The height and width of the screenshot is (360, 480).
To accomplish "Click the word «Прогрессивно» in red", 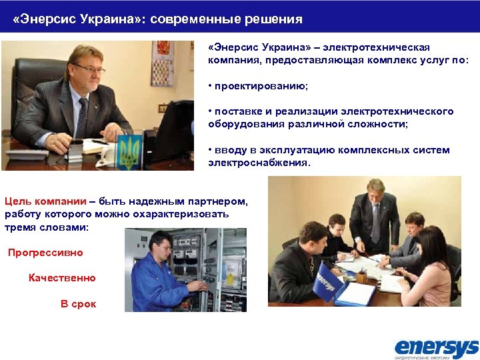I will (45, 253).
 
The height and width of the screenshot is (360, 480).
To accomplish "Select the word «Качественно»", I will (62, 278).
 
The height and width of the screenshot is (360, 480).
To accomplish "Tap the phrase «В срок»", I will (78, 304).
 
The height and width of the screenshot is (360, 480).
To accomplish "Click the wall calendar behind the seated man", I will (162, 64).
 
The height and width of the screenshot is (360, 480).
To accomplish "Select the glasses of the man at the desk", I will (89, 67).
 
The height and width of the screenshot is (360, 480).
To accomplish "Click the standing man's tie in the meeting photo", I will (375, 223).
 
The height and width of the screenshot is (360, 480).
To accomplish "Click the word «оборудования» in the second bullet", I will (243, 123).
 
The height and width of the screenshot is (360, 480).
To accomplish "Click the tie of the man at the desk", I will (83, 116).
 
